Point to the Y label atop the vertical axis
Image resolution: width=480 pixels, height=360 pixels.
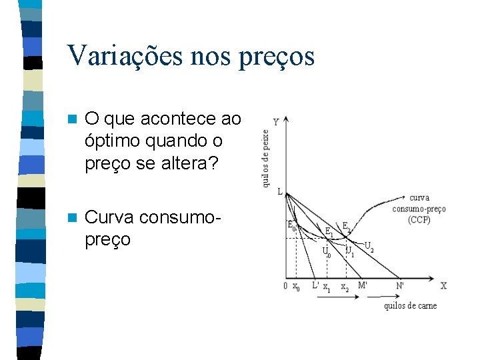click(277, 123)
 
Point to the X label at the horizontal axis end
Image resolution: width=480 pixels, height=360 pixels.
click(444, 286)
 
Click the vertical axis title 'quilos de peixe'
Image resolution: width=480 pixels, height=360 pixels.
click(265, 157)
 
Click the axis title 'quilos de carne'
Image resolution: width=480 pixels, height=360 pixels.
click(410, 305)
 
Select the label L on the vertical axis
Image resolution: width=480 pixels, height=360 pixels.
click(280, 192)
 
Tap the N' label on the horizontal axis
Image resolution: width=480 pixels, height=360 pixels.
click(400, 286)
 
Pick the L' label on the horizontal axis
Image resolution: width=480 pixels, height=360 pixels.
click(316, 286)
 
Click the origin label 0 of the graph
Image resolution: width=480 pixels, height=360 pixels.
click(285, 287)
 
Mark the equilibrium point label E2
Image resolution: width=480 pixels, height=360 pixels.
click(347, 227)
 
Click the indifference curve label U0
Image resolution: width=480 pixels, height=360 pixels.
click(326, 252)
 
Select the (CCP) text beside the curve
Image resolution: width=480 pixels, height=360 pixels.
click(419, 219)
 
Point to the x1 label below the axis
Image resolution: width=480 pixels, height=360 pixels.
click(327, 288)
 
